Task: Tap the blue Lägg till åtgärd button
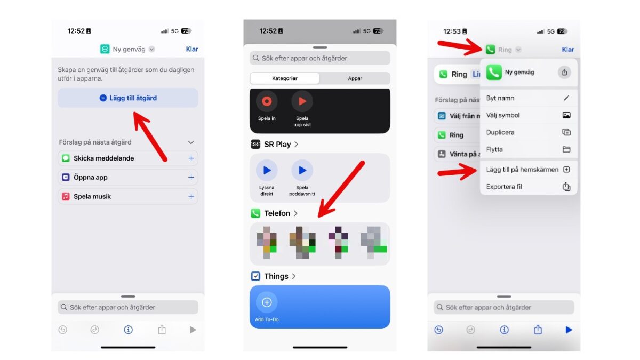tap(128, 98)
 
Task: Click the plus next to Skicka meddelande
tap(191, 158)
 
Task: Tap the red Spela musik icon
tap(66, 197)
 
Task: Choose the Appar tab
tap(355, 78)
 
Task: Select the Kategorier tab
tap(285, 78)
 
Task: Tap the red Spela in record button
tap(267, 101)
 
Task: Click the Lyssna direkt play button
tap(267, 171)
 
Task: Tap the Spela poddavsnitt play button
tap(302, 171)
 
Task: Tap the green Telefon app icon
tap(255, 213)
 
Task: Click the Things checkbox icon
tap(255, 276)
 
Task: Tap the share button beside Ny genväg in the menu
tap(564, 73)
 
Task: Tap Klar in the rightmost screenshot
tap(568, 50)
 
